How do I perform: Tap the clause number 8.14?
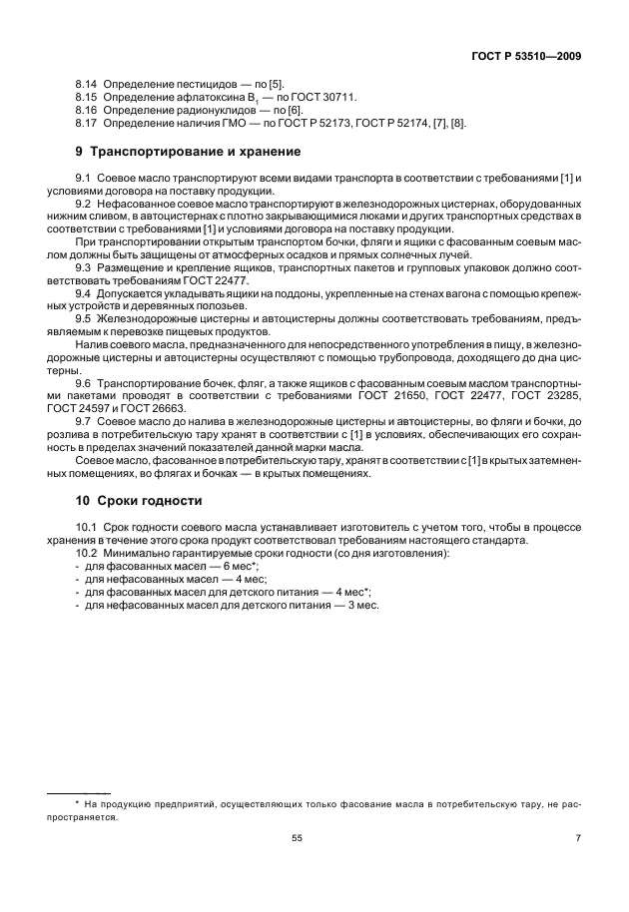(87, 88)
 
